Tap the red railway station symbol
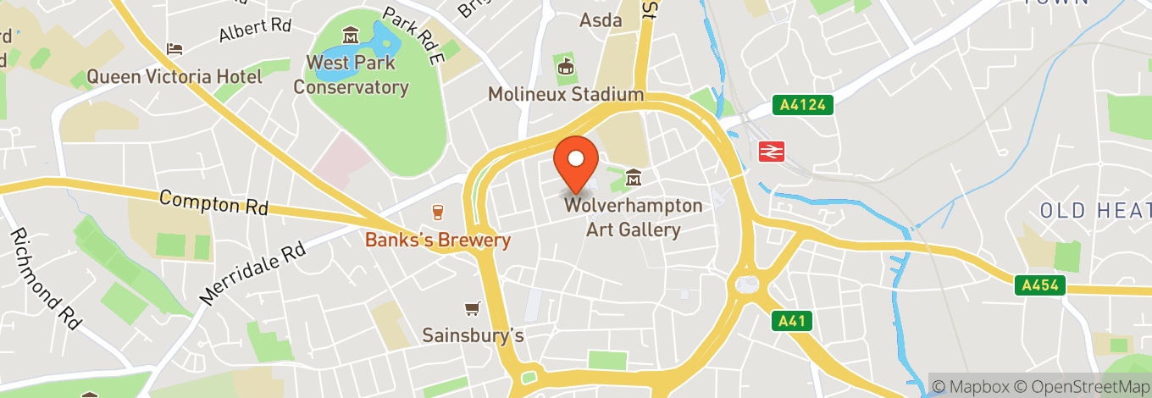771,151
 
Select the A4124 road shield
803,105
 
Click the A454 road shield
1040,285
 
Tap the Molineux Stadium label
566,94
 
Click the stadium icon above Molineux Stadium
565,64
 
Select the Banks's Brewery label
438,240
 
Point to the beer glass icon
438,212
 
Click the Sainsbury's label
474,335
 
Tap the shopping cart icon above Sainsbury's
472,309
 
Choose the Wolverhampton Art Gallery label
634,218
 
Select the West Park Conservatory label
351,75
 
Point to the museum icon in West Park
350,36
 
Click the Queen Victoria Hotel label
174,77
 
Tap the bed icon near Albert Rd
175,48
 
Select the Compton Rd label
213,202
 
